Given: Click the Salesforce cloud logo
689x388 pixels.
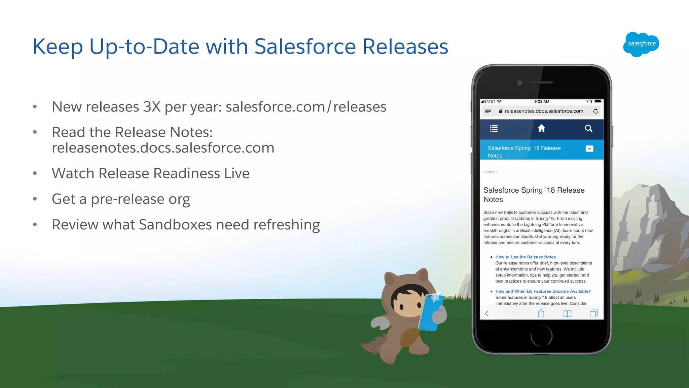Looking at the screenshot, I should coord(641,44).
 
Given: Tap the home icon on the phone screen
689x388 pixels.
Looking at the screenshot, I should coord(541,128).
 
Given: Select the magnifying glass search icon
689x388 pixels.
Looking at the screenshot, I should coord(588,128).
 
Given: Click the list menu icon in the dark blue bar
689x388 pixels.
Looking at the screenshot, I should coord(494,129).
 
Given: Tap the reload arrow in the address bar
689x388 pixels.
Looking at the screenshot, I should coord(595,111).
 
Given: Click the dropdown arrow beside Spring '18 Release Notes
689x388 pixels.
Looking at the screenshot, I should coord(589,149).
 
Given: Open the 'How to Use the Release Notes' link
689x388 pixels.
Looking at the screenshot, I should coord(525,257).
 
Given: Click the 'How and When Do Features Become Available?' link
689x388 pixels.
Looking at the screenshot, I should coord(543,291).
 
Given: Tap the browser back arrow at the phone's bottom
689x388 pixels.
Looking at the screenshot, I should coord(487,314).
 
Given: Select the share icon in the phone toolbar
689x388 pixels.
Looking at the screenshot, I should coord(541,314).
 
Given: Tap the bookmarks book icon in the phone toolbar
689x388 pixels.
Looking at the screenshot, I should coord(567,314).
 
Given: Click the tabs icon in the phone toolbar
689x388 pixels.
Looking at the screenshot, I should coord(594,314).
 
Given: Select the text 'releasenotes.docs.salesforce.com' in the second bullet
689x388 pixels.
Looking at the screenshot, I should coord(163,148).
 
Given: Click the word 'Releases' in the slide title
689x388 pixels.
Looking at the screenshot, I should coord(405,46).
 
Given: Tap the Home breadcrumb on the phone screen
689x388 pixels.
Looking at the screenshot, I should coord(489,172).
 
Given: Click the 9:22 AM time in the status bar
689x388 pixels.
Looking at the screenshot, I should coord(541,101).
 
